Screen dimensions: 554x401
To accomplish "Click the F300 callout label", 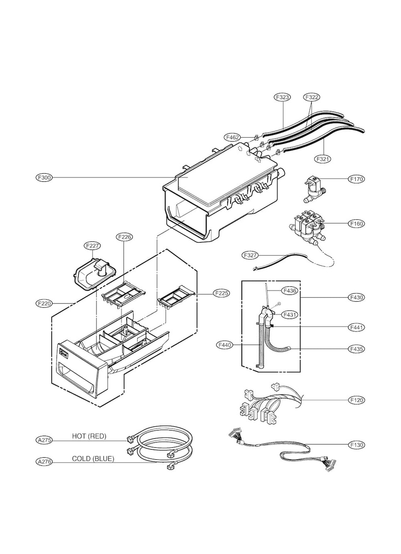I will (x=44, y=177).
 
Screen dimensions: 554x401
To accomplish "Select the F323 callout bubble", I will (x=283, y=97).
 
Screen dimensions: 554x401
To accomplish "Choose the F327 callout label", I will (x=250, y=255).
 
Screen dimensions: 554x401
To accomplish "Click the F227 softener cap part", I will (x=95, y=274).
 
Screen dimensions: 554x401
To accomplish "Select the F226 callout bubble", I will (x=124, y=237).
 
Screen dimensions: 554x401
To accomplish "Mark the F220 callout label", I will (x=44, y=303).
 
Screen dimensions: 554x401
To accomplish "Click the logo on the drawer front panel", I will (x=64, y=353).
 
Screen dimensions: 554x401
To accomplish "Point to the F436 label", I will (x=289, y=291).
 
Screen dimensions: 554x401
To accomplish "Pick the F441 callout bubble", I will (x=357, y=327).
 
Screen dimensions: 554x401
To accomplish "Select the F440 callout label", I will (x=225, y=345).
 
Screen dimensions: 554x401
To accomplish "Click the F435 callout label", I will (x=357, y=349).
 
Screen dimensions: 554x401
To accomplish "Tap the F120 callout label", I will (x=357, y=400).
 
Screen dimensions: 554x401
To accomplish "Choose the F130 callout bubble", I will (x=357, y=445).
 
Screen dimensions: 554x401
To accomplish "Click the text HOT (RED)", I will (x=89, y=436).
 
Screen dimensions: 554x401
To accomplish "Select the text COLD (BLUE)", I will (x=93, y=459).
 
